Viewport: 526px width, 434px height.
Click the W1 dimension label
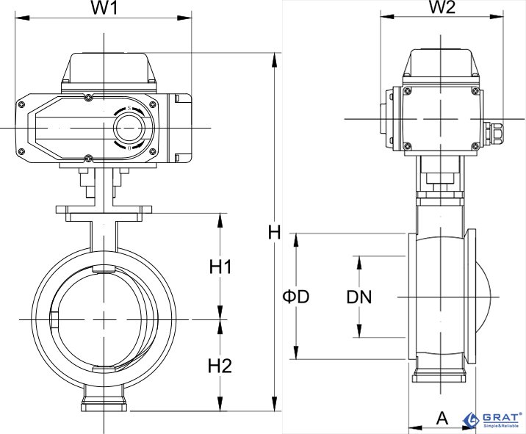[104, 10]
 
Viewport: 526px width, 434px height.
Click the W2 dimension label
[442, 8]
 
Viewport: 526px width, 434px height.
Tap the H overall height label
[274, 233]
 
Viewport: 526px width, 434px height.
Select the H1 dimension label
[220, 267]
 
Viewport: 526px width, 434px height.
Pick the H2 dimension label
[220, 365]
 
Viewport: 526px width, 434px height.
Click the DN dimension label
[360, 297]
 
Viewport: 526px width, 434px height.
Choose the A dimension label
[442, 418]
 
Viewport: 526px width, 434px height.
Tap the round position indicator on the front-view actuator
[129, 128]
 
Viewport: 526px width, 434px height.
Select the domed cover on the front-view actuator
[110, 70]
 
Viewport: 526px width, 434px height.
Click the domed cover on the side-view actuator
[441, 65]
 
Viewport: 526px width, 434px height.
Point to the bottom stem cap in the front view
[104, 403]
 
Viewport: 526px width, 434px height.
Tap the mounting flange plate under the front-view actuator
[104, 213]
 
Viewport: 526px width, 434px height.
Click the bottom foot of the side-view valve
[440, 377]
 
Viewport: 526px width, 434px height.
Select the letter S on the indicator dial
[129, 109]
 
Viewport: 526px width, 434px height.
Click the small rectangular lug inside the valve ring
[54, 321]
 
